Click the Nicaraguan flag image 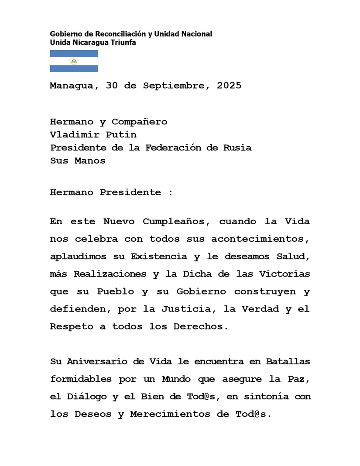pos(74,61)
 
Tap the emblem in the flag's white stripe pos(74,61)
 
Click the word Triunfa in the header pos(122,42)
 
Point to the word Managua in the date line pos(72,86)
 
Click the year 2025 pos(229,86)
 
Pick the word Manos pos(90,161)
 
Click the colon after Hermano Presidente pos(170,192)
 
